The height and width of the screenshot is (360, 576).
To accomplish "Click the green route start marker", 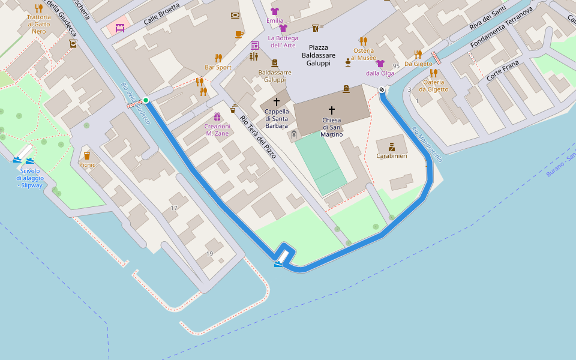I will pyautogui.click(x=146, y=100).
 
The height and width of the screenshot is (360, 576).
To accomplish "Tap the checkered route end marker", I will pyautogui.click(x=382, y=90).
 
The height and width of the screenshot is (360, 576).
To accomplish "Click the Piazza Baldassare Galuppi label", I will pyautogui.click(x=319, y=55).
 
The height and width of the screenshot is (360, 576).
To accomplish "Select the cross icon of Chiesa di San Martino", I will pyautogui.click(x=332, y=110).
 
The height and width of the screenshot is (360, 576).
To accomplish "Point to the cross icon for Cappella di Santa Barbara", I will pyautogui.click(x=277, y=102).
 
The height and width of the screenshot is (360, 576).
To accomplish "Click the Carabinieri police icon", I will pyautogui.click(x=392, y=146).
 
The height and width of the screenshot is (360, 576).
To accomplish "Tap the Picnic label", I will pyautogui.click(x=87, y=164).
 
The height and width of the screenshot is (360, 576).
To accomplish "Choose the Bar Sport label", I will pyautogui.click(x=218, y=67).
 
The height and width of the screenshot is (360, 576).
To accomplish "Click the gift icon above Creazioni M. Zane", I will pyautogui.click(x=217, y=116).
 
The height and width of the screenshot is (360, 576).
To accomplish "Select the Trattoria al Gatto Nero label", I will pyautogui.click(x=38, y=24).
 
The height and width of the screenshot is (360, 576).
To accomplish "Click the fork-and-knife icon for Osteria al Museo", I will pyautogui.click(x=363, y=41).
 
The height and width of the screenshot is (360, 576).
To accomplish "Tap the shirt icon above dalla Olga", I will pyautogui.click(x=380, y=64).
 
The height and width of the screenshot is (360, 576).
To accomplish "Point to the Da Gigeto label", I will pyautogui.click(x=418, y=64).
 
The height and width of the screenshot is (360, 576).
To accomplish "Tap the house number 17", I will pyautogui.click(x=174, y=208).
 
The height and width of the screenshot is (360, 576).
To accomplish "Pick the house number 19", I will pyautogui.click(x=209, y=254).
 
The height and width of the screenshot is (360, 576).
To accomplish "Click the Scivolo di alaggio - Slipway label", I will pyautogui.click(x=29, y=178).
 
